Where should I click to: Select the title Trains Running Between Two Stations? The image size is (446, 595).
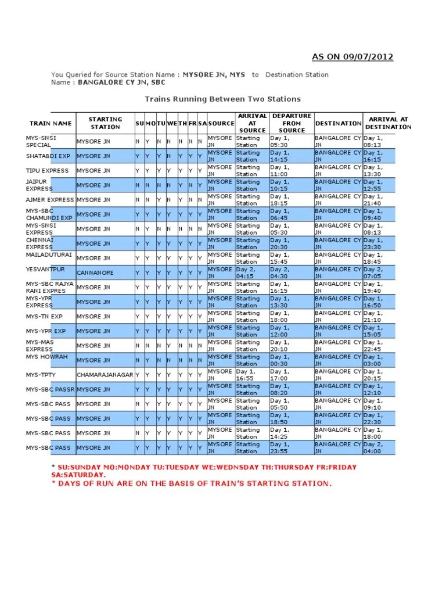(222, 99)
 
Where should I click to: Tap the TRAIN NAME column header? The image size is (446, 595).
(51, 123)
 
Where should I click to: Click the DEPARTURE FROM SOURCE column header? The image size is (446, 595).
(292, 123)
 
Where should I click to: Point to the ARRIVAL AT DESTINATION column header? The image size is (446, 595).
(388, 123)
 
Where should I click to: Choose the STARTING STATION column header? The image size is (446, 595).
(105, 123)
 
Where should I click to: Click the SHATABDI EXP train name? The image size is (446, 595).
(48, 156)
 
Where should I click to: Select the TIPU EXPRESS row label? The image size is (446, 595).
(47, 171)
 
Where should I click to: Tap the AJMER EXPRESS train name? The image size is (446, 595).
(50, 200)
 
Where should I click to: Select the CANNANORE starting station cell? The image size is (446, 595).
(95, 273)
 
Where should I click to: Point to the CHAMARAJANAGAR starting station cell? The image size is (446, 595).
(105, 375)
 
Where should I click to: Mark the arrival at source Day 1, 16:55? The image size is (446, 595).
(246, 375)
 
